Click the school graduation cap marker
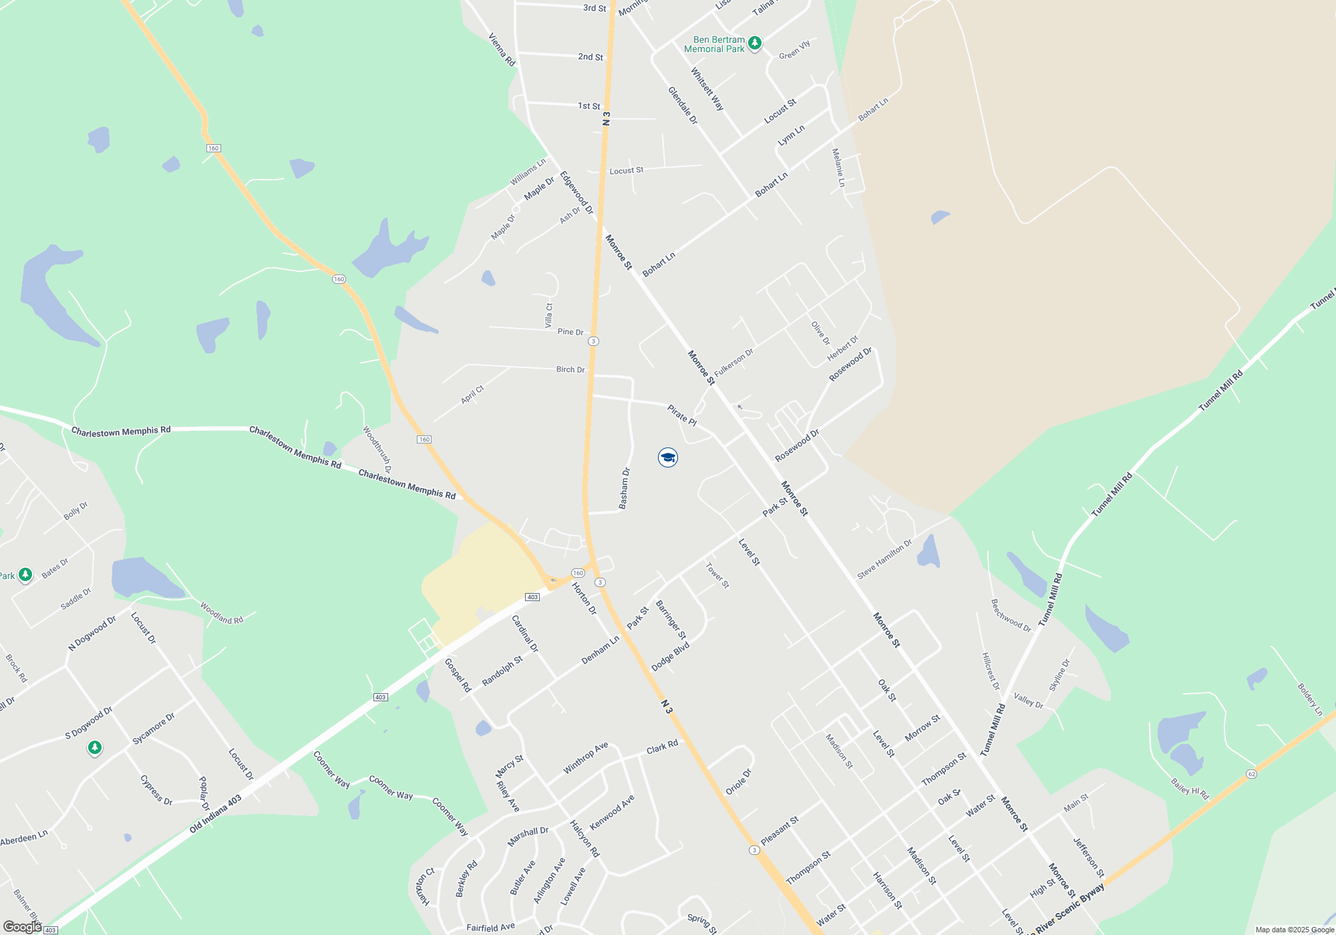[x=667, y=457]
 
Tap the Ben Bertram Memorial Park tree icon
[x=755, y=43]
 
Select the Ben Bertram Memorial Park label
[x=714, y=45]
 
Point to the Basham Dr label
[x=625, y=489]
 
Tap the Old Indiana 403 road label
[x=215, y=814]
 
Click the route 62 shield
[x=1251, y=774]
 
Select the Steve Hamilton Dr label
[x=884, y=560]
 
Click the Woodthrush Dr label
[x=377, y=449]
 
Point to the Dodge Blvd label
[x=670, y=657]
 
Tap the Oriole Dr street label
[x=739, y=782]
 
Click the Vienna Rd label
[x=502, y=49]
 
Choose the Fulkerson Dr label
[x=733, y=363]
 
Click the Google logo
[x=22, y=926]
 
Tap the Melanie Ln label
[x=838, y=168]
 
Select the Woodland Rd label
[x=222, y=614]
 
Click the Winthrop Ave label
[x=585, y=758]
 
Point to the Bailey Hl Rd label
[x=1190, y=789]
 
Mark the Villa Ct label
[x=549, y=315]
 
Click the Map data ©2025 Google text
[x=1295, y=930]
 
